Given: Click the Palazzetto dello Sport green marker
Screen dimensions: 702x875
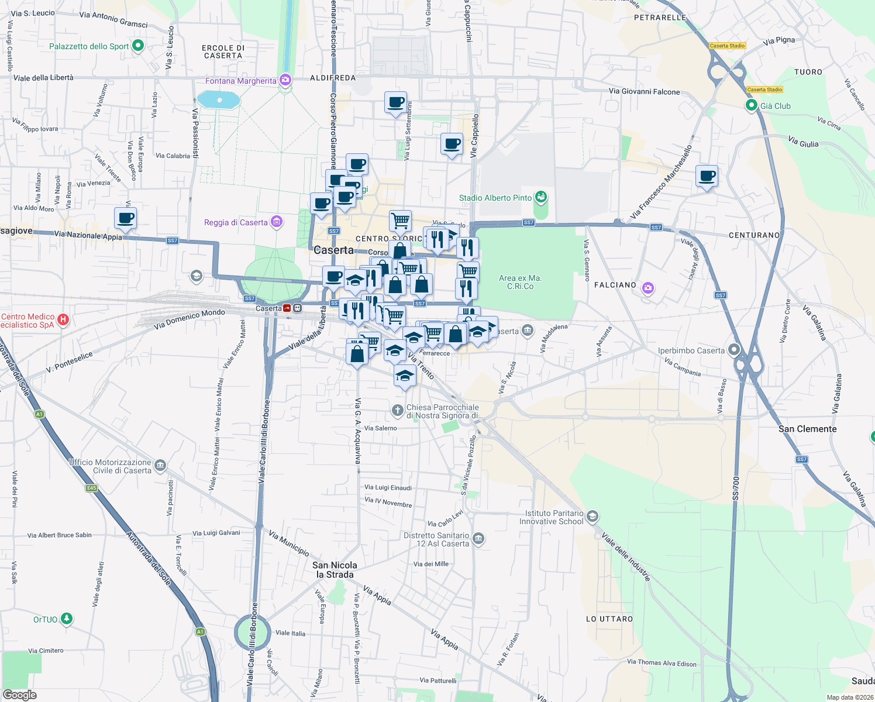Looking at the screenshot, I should pos(138,46).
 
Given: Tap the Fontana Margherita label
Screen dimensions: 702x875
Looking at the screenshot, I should pos(240,81).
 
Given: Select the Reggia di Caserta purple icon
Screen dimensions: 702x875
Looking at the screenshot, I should pos(277,222).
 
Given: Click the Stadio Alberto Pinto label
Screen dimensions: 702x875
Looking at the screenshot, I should pos(495,198).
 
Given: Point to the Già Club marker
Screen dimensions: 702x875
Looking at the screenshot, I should pos(752,106).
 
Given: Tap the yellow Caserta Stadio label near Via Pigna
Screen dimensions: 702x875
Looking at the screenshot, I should pos(727,46).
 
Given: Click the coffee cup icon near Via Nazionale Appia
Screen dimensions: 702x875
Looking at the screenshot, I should pos(125,218).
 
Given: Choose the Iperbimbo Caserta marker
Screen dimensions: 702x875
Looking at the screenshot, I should pos(734,350).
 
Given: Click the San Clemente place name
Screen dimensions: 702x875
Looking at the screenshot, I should pos(807,429).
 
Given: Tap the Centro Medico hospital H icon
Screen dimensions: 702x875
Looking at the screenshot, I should pos(63,319).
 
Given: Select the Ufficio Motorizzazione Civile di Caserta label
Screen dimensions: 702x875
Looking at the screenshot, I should pos(111,466).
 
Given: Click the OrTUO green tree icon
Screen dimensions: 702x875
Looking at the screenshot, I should pos(67,618).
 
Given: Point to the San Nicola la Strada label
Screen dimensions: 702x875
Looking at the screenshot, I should pos(335,570).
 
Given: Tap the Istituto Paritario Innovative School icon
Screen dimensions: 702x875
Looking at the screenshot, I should pos(592,516).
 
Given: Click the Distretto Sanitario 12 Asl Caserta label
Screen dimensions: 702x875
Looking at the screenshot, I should pos(436,539).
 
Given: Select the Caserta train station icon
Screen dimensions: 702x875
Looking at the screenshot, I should pos(287,308).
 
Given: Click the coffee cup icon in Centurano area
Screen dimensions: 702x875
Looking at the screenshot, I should pos(707,176).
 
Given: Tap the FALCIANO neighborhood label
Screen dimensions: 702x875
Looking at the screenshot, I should pos(615,285).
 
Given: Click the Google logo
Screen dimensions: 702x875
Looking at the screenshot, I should pos(20,695).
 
